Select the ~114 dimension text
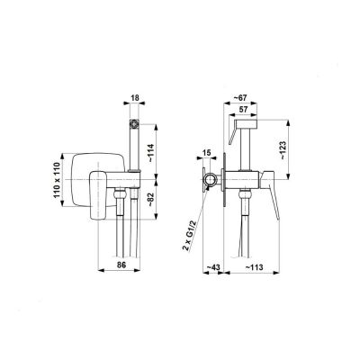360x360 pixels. pos(152,154)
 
